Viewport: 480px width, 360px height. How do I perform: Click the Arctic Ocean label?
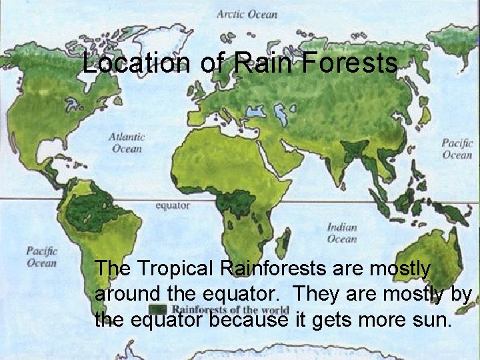[x=247, y=14]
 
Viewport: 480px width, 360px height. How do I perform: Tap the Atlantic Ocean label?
[x=127, y=143]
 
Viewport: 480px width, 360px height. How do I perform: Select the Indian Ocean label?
[x=341, y=233]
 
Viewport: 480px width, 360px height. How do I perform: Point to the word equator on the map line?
[x=172, y=206]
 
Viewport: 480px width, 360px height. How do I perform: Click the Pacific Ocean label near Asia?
[x=457, y=148]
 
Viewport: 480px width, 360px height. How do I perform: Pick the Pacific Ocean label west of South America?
[x=41, y=257]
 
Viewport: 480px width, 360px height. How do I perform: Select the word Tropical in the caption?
[x=175, y=269]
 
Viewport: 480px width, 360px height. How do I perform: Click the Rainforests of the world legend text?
[x=230, y=309]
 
